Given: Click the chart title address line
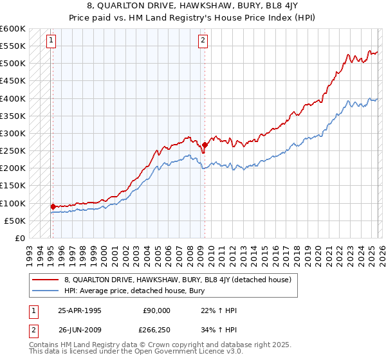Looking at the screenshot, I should (x=193, y=6).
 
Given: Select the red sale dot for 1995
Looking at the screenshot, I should (x=53, y=206).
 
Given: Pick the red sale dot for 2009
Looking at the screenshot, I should (x=205, y=145).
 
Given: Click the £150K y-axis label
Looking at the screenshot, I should (x=14, y=186).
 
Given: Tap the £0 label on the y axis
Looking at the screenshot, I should (x=19, y=238).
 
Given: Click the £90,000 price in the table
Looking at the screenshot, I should (x=156, y=310).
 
